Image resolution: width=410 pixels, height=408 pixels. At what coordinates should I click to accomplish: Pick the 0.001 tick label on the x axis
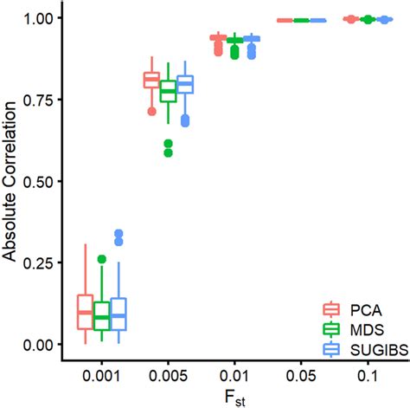[101, 378]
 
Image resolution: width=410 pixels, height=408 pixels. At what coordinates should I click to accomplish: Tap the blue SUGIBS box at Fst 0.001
[119, 314]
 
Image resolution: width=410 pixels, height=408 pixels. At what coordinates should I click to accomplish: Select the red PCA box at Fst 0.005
[151, 81]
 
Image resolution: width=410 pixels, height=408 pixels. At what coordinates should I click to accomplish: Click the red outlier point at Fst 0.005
[151, 111]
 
